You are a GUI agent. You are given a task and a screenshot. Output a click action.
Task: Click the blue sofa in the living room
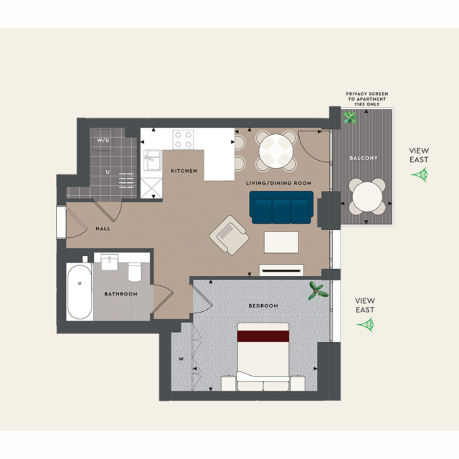coord(281,207)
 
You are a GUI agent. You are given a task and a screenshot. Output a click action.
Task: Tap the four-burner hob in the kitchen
coord(183,140)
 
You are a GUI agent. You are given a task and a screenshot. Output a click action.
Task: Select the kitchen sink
coord(153,160)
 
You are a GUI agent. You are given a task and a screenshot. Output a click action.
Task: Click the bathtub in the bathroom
coord(80,292)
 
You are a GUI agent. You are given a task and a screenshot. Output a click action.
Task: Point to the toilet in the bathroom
coord(135,272)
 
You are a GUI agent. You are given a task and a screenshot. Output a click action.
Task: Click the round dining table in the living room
coord(276,151)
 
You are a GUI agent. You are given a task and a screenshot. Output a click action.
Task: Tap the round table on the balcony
coord(367,197)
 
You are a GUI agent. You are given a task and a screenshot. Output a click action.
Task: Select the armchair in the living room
coord(229,235)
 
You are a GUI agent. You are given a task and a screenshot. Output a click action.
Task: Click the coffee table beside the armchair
coord(281,242)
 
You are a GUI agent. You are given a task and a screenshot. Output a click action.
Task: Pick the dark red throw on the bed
coord(263,336)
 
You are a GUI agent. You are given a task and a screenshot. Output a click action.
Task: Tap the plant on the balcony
coord(350,117)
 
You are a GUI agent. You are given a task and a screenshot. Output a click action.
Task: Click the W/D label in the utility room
coord(103,140)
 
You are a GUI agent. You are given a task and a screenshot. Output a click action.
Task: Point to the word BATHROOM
coord(121,294)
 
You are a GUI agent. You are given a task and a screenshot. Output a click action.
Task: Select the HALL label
coord(103,229)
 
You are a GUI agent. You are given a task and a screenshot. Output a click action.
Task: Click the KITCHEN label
coord(184,171)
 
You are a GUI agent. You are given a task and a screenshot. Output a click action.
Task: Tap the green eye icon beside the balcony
coord(420,174)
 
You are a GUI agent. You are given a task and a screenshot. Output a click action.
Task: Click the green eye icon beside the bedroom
coord(366,324)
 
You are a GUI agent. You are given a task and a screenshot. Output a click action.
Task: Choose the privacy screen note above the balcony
coord(367,99)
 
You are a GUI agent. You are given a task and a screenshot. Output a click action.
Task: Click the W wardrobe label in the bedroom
coord(181,359)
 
